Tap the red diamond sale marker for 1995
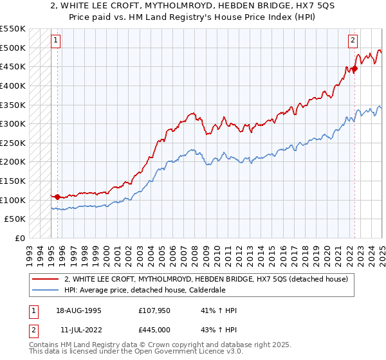[58, 197]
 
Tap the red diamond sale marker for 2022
[354, 69]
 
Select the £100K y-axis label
[13, 200]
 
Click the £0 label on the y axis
[19, 239]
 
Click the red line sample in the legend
[45, 279]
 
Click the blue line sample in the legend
[45, 291]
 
